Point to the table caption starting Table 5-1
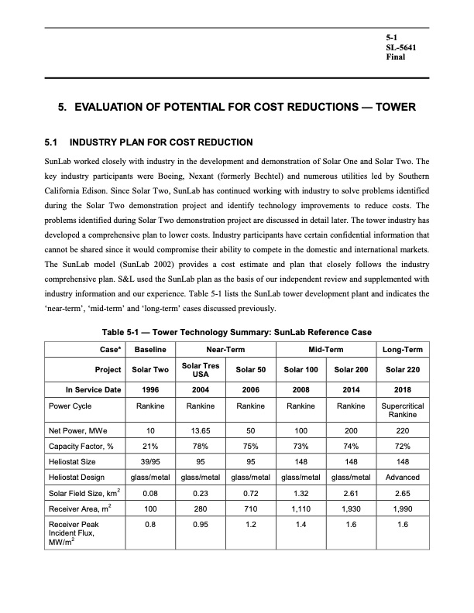pos(237,333)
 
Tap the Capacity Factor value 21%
pos(150,446)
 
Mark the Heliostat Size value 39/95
pos(150,461)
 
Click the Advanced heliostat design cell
pos(401,477)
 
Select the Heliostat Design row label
pos(76,477)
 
